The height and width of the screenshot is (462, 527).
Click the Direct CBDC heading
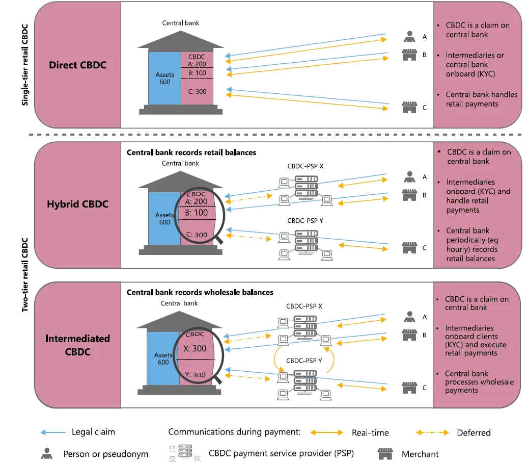pos(77,65)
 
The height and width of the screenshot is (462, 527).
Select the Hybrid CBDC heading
pos(77,204)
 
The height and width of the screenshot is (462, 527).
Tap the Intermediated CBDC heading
pos(77,345)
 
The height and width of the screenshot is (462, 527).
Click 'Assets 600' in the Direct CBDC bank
pos(164,78)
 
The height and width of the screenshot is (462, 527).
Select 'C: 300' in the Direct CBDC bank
pos(198,91)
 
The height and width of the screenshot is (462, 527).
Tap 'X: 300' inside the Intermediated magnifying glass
pos(196,348)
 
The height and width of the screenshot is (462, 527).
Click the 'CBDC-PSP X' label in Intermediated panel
pos(304,306)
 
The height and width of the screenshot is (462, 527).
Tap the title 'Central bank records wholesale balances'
pos(200,292)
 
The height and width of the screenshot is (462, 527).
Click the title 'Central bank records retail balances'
pos(191,152)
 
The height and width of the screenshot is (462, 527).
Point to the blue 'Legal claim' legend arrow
pos(53,432)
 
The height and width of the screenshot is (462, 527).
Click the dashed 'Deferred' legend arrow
pos(432,432)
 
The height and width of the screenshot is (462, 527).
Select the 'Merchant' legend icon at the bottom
pos(384,453)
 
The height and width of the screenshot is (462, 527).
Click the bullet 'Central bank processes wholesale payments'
pos(479,381)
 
